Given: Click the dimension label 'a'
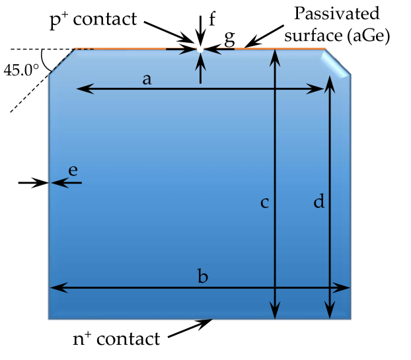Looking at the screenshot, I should pos(147,79).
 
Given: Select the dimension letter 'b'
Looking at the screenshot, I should pos(203,276).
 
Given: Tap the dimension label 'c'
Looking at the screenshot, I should pos(264,203).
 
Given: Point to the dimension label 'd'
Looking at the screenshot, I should pos(319,203).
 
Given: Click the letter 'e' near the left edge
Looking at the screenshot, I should pos(73,170).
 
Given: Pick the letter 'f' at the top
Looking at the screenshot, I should pos(211,18).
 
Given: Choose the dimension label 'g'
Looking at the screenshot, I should pos(229,38).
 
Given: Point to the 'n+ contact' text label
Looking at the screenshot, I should pos(116,340).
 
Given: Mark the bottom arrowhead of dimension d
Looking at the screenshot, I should pos(330,311).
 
